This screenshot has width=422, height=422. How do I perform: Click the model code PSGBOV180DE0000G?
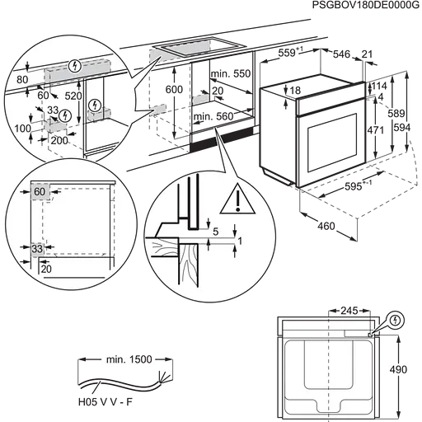[366, 5]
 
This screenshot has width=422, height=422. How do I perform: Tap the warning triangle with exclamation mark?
[237, 199]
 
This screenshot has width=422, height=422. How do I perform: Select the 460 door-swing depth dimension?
[326, 227]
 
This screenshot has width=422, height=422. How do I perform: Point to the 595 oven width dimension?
[354, 187]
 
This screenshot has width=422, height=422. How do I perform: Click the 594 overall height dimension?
[402, 128]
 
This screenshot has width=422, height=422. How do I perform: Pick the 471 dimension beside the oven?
[375, 129]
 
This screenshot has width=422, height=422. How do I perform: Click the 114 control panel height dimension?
[379, 86]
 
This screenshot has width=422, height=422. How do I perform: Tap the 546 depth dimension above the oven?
[342, 54]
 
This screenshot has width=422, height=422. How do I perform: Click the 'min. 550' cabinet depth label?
[231, 73]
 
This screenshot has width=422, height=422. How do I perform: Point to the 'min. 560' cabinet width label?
[213, 116]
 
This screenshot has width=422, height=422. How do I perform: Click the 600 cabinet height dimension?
[174, 90]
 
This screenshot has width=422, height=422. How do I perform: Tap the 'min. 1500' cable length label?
[129, 359]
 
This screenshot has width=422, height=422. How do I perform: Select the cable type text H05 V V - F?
[105, 402]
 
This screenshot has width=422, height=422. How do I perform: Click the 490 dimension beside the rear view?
[398, 369]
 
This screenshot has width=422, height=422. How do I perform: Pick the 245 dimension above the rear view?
[349, 311]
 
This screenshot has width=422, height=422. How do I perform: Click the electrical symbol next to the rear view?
[395, 321]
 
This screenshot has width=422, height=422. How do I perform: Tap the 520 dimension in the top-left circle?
[73, 96]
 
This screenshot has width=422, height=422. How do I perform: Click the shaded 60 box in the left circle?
[40, 191]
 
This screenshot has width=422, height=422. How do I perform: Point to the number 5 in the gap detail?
[216, 232]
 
